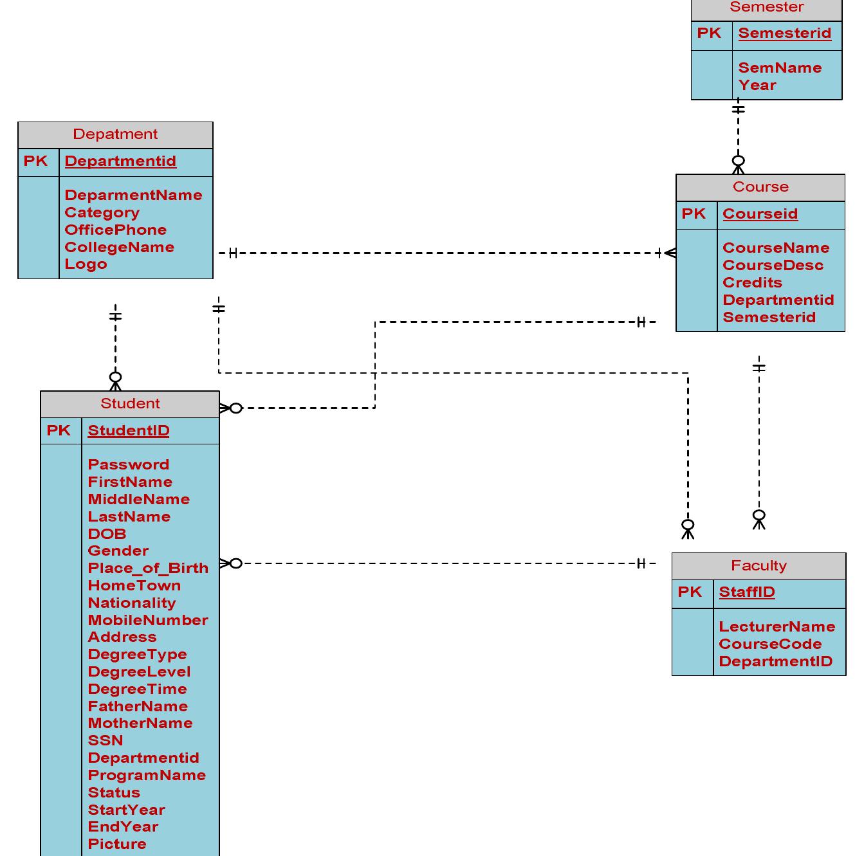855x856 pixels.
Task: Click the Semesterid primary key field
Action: pos(784,33)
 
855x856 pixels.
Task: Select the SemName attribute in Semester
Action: pos(780,68)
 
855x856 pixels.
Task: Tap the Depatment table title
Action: pos(115,134)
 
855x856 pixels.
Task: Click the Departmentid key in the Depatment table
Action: pos(120,161)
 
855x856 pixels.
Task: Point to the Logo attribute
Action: pos(86,264)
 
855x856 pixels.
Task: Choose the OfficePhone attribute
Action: pos(115,230)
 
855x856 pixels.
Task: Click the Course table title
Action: pos(760,187)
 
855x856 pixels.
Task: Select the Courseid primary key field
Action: pos(760,214)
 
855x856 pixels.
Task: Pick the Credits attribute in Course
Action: pos(752,283)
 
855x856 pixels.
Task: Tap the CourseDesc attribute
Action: pos(773,266)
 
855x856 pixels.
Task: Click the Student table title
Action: pos(130,404)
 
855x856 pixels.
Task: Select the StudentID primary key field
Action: pos(129,431)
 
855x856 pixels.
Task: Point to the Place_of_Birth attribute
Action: pos(148,569)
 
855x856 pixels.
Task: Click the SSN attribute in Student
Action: pos(106,741)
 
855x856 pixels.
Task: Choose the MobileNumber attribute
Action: pos(148,621)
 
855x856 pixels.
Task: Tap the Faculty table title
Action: pos(758,566)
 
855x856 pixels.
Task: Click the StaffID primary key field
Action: pos(746,592)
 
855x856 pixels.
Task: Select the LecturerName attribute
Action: pos(777,627)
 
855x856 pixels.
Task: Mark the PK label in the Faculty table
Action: pos(690,592)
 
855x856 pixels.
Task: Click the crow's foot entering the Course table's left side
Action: pos(669,253)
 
